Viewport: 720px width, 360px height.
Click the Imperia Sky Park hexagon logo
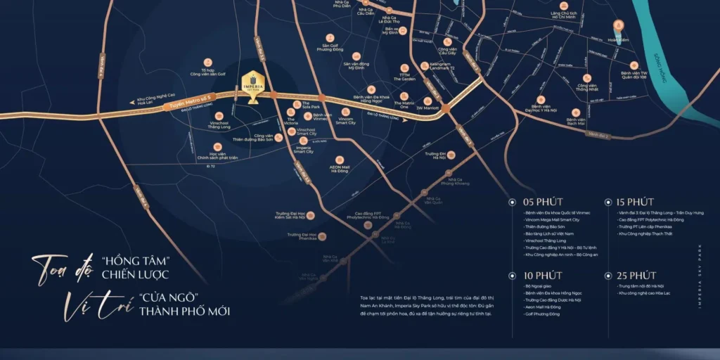[252, 79]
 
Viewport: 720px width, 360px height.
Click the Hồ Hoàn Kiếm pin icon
[617, 27]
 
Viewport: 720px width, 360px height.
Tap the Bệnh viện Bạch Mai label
[576, 123]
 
